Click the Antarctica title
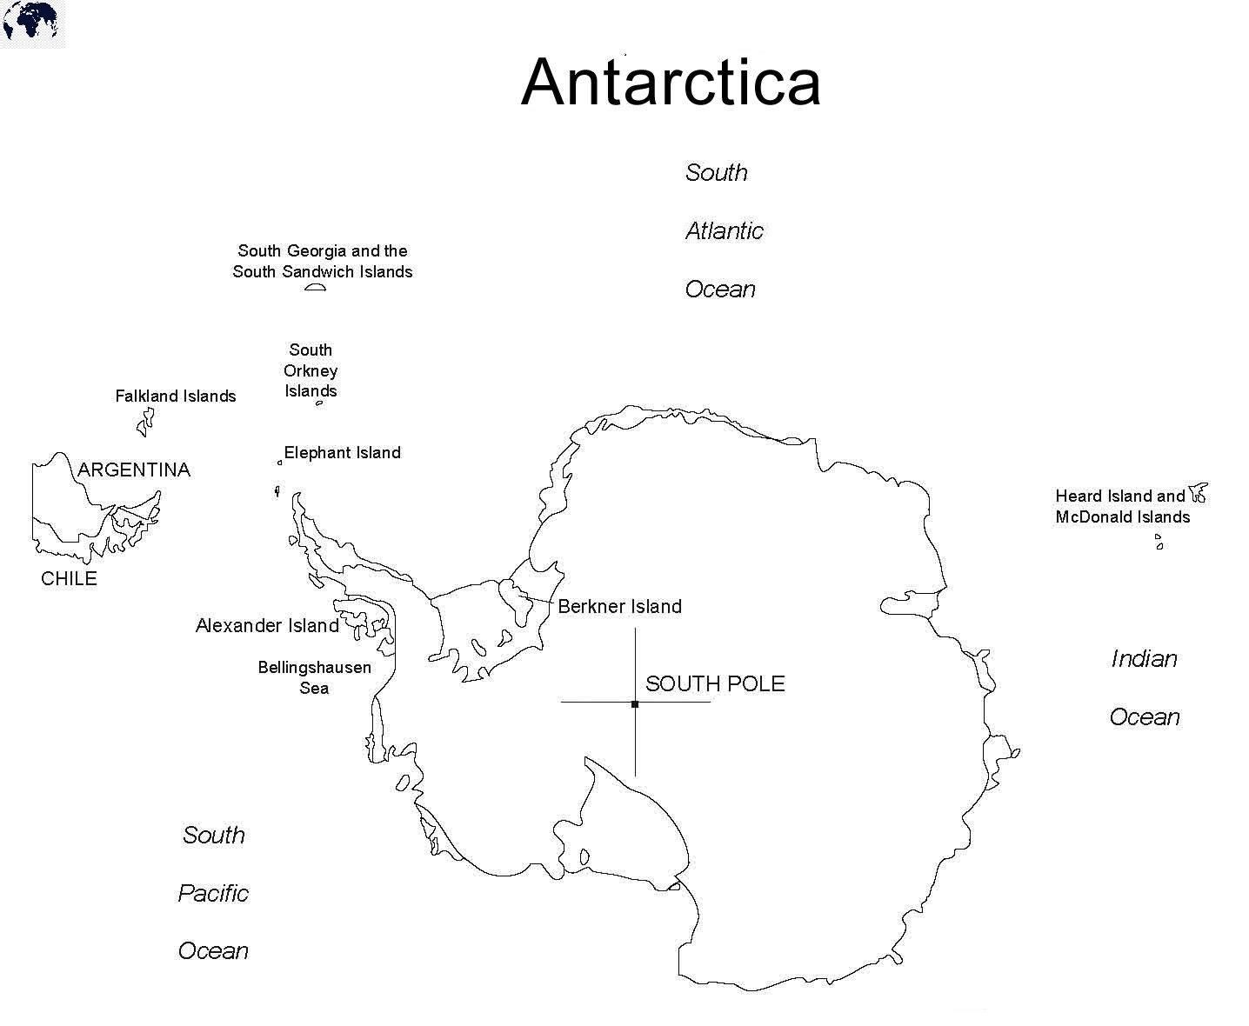pyautogui.click(x=671, y=83)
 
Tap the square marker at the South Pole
pyautogui.click(x=635, y=703)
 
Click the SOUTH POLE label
pyautogui.click(x=715, y=684)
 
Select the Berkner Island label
pyautogui.click(x=619, y=607)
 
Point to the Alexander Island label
pyautogui.click(x=267, y=626)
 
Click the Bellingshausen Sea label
pyautogui.click(x=314, y=678)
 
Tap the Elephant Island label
pyautogui.click(x=342, y=453)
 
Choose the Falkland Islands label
pyautogui.click(x=176, y=396)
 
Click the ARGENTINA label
pyautogui.click(x=134, y=470)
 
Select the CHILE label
pyautogui.click(x=69, y=579)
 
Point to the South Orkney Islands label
pyautogui.click(x=311, y=370)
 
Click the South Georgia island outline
pyautogui.click(x=315, y=287)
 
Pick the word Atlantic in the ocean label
pyautogui.click(x=724, y=231)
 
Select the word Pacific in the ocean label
pyautogui.click(x=213, y=894)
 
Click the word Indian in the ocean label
pyautogui.click(x=1144, y=659)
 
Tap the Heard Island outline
pyautogui.click(x=1199, y=494)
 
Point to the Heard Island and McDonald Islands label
pyautogui.click(x=1122, y=507)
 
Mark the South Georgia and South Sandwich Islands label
pyautogui.click(x=323, y=262)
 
